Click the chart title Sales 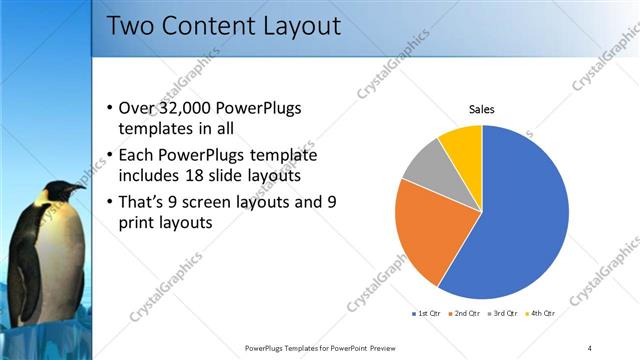(x=482, y=110)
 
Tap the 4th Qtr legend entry (x=539, y=314)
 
